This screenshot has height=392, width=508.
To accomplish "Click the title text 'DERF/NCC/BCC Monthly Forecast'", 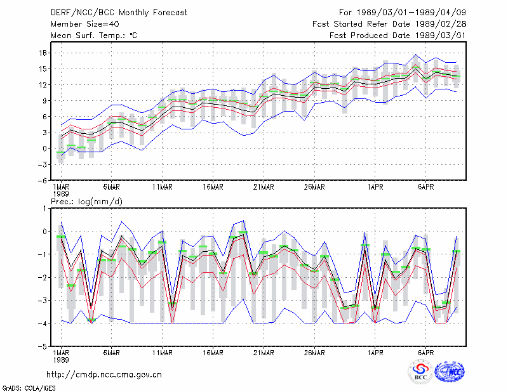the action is (119, 13).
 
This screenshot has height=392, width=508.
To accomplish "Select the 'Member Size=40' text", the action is (85, 24).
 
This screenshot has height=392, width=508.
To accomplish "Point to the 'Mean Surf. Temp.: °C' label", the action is (94, 36).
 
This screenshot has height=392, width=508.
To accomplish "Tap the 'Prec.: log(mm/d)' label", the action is (86, 202).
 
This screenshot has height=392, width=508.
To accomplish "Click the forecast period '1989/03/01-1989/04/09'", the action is (411, 13).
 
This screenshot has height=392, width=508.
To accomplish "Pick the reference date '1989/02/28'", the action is (441, 24).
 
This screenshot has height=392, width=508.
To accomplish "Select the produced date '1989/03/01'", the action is (441, 36).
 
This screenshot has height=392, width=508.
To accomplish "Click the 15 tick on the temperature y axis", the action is (43, 69).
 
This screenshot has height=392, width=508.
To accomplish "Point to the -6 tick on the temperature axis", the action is (43, 180).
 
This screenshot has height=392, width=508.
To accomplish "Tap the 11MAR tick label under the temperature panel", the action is (163, 186).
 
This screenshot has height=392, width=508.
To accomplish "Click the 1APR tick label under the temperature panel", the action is (375, 186).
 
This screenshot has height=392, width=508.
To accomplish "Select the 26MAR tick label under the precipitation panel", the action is (314, 353).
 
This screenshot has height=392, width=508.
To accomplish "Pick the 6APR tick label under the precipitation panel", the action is (425, 353).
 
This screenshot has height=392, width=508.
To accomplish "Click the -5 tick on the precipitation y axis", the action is (43, 346).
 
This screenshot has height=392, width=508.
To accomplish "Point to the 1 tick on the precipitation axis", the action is (44, 209).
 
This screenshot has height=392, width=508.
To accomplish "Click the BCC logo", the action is (420, 372).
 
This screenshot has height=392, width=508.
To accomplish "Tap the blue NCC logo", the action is (450, 372).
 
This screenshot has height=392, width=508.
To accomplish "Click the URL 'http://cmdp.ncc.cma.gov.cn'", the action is (104, 375).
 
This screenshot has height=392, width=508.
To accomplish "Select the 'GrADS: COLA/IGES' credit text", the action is (29, 388).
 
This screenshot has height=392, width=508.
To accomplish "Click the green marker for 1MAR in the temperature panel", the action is (61, 152).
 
